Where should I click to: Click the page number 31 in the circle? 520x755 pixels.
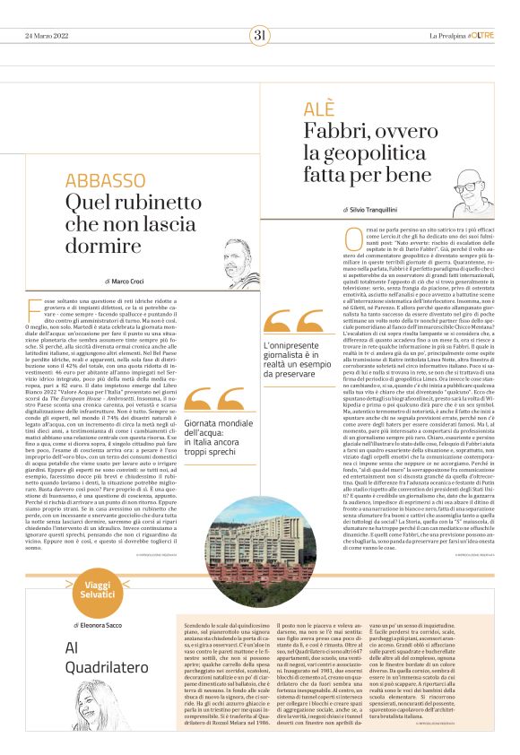click(260, 35)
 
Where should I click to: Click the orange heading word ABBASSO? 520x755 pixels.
click(105, 180)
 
